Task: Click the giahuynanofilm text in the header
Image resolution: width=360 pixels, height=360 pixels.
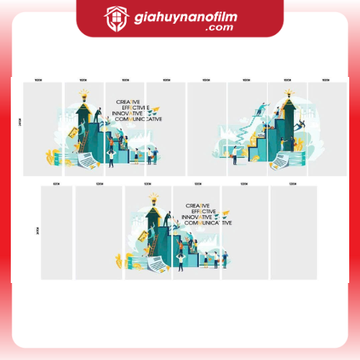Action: pyautogui.click(x=192, y=16)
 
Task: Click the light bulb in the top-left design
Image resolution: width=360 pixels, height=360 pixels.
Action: pyautogui.click(x=84, y=94)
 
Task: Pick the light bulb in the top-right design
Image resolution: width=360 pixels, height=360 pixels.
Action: pyautogui.click(x=289, y=93)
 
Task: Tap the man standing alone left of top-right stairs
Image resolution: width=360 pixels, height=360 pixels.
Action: pyautogui.click(x=233, y=153)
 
